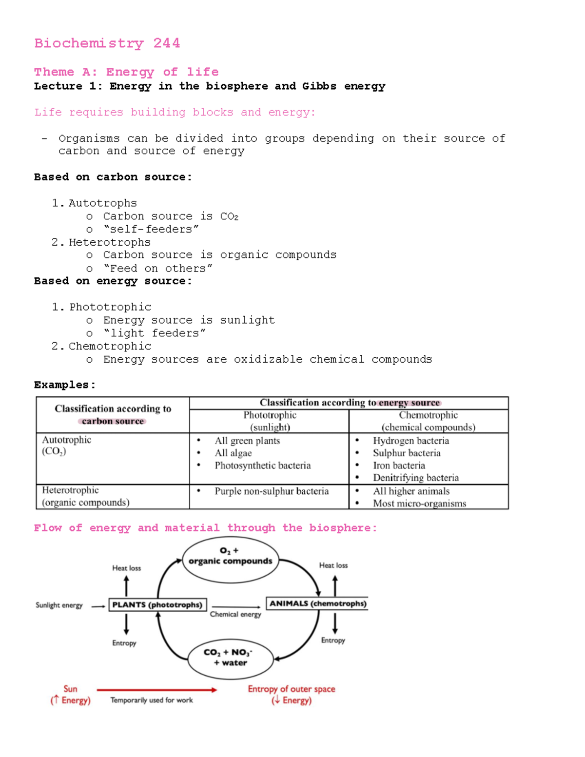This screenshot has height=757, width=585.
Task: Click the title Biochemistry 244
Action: pos(107,43)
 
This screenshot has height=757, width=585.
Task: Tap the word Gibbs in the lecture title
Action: pos(319,86)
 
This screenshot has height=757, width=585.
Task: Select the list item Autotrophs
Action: pos(102,203)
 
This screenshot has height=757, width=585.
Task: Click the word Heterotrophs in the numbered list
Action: pos(109,242)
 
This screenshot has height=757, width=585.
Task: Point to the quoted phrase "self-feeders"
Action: pos(151,229)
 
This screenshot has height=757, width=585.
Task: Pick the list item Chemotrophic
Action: pos(110,346)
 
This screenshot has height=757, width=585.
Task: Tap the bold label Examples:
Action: pos(64,385)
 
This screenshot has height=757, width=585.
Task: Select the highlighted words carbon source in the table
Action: pos(113,421)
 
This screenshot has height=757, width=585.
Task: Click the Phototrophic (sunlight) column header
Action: pos(270,421)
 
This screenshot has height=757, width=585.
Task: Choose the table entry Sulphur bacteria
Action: pos(407,453)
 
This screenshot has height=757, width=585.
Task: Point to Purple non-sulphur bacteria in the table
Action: pos(272,491)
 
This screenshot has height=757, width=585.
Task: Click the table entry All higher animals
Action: pos(411,491)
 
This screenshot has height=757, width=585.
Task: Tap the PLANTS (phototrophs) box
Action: pos(157,604)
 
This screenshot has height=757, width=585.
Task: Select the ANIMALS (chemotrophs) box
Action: pos(317,603)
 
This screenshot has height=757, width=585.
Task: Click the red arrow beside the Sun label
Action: pos(156,690)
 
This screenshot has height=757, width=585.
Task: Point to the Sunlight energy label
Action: pos(59,605)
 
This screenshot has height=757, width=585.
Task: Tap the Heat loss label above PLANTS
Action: pos(126,568)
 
